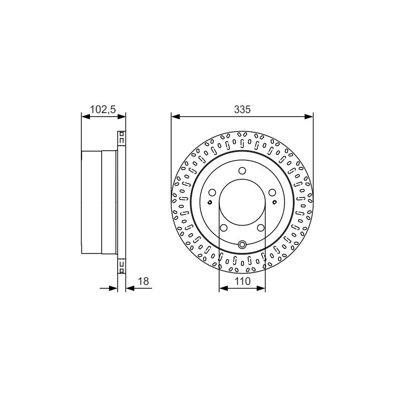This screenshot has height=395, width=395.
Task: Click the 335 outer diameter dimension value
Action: tap(242, 110)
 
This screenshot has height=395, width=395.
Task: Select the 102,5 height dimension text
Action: tap(103, 110)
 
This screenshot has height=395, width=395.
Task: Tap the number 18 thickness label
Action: tap(144, 281)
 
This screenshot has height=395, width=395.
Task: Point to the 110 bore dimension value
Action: tap(242, 281)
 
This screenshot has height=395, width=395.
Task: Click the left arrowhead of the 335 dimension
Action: tap(175, 117)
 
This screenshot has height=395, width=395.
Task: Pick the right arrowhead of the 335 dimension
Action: tap(309, 117)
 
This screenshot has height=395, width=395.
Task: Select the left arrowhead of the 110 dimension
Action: tap(224, 288)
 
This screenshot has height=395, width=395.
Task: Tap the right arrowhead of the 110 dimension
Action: tap(261, 288)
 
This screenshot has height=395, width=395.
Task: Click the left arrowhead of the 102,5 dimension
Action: tap(85, 117)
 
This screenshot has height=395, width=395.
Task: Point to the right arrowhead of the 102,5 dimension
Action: tap(121, 117)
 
